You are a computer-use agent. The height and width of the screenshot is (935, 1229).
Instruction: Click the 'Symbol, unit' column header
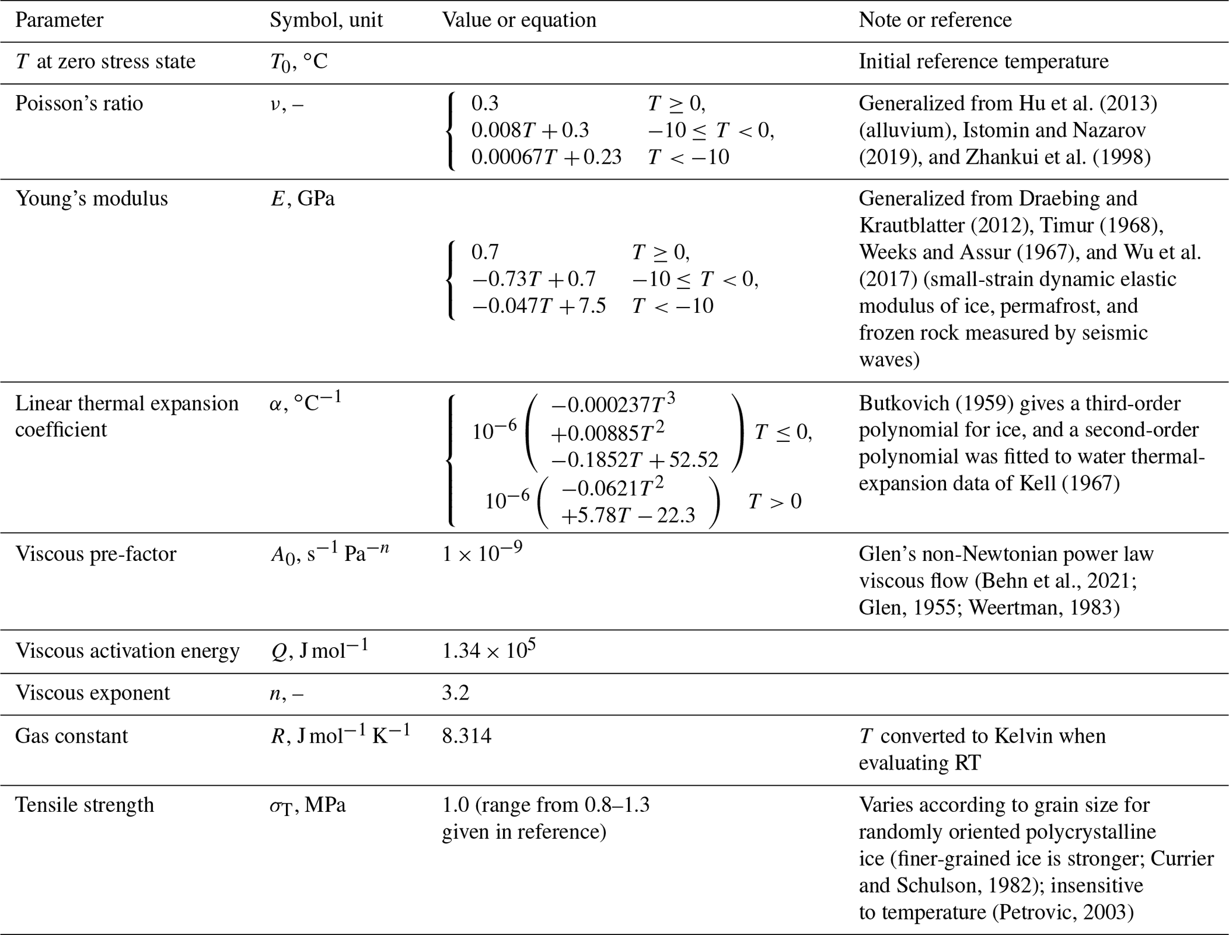326,20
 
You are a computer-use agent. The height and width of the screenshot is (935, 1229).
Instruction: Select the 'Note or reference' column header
935,20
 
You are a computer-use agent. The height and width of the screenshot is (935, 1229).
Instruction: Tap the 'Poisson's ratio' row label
79,103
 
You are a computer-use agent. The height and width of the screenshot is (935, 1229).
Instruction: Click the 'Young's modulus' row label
92,198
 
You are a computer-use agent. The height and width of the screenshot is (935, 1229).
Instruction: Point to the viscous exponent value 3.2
455,693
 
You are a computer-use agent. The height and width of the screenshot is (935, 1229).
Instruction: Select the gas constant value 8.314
467,736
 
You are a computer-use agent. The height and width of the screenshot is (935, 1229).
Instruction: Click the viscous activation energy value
489,650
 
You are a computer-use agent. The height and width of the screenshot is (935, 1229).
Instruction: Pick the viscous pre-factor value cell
482,553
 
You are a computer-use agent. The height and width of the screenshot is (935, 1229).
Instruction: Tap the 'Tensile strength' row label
84,805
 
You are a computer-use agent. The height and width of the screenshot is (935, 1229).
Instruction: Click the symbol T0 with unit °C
298,62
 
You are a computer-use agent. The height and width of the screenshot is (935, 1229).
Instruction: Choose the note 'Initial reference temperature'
983,62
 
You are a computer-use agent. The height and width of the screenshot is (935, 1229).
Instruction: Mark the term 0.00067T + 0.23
546,157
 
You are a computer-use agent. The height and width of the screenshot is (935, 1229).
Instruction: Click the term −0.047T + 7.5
538,306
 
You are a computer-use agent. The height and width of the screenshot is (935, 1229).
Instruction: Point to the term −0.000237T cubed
613,404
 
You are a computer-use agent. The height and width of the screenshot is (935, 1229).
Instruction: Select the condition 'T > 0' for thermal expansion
774,501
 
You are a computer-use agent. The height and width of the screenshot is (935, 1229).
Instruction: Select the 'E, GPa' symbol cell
302,198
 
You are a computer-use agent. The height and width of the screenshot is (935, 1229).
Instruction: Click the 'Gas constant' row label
71,736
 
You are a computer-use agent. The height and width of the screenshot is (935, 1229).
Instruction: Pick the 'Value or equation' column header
518,20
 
